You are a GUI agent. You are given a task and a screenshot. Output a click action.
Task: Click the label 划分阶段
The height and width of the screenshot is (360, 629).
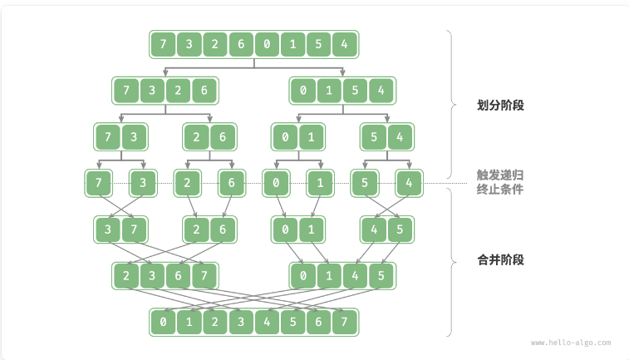coord(500,106)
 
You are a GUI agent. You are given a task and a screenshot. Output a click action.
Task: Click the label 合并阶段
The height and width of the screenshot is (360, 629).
coord(500,259)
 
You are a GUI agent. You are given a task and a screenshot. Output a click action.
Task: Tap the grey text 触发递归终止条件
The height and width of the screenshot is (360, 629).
coord(500,182)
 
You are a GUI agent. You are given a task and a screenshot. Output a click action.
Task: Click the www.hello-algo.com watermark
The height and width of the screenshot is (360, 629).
coord(571,342)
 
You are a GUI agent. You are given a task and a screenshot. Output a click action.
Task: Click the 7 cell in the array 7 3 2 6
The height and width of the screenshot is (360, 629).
coord(126,90)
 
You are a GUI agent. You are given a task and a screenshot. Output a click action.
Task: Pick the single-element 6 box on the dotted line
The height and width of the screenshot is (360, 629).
coord(231,182)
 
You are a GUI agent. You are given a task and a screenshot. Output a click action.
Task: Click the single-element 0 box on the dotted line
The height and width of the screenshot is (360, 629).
coord(275,182)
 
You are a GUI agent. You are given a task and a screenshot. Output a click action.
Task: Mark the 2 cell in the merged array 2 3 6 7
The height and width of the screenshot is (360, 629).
coord(126,275)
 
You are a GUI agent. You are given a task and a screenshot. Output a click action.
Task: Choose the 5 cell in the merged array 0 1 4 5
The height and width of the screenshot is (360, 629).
coord(381,275)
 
